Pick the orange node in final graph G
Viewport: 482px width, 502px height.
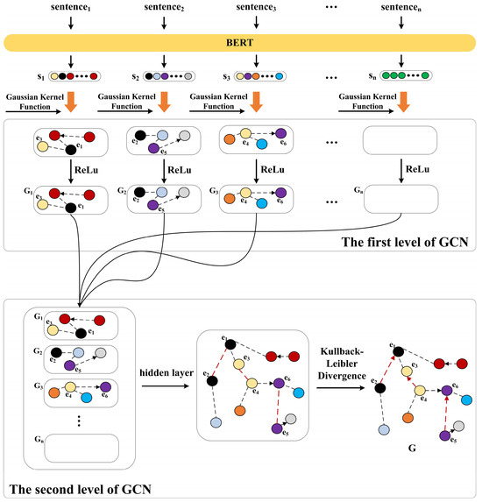(x=412, y=410)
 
